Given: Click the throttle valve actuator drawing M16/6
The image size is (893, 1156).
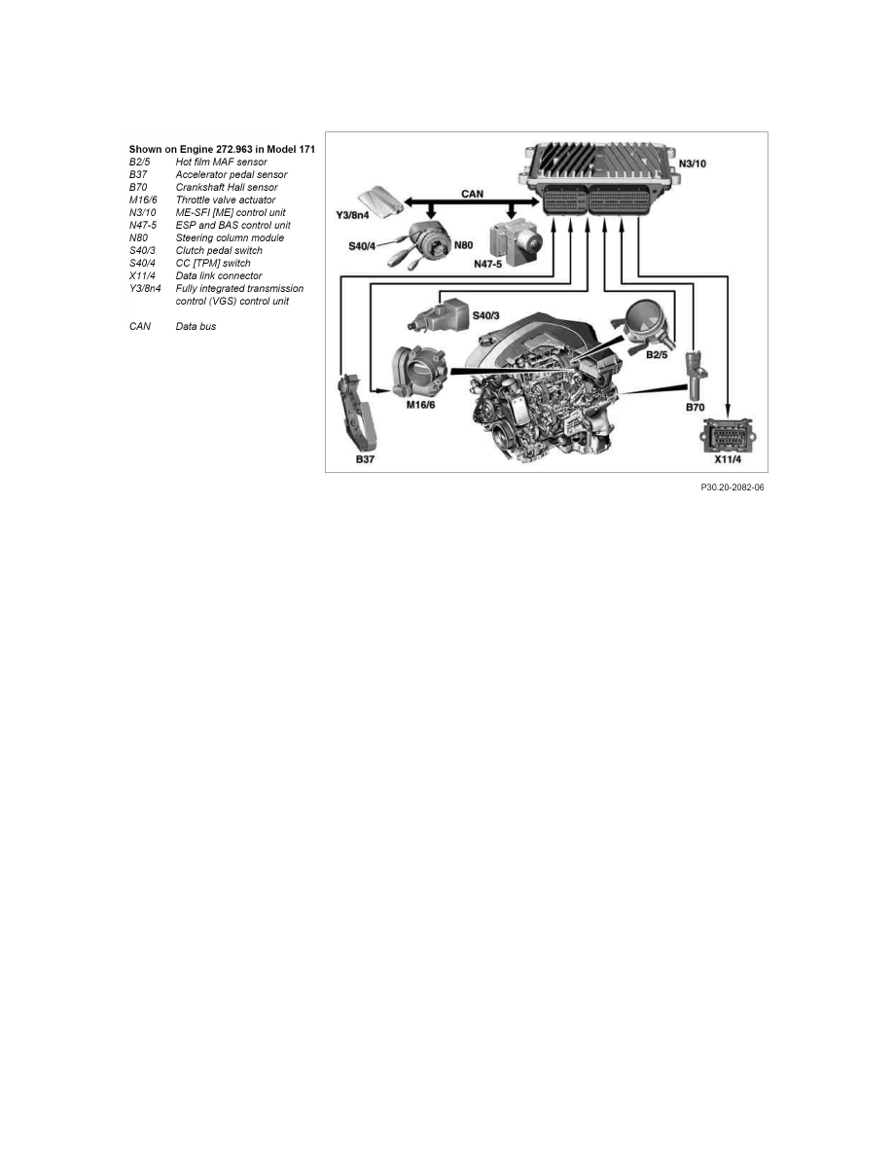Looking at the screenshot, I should tap(417, 371).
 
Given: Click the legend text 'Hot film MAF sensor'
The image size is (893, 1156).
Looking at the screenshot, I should tap(221, 162).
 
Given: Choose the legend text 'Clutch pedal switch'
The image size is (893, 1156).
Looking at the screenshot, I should tap(219, 250).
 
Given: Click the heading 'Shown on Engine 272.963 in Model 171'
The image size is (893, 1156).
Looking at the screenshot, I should tap(222, 149).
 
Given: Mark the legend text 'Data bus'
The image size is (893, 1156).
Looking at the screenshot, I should tap(196, 326).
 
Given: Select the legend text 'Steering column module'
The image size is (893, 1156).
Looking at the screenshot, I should tap(230, 237).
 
